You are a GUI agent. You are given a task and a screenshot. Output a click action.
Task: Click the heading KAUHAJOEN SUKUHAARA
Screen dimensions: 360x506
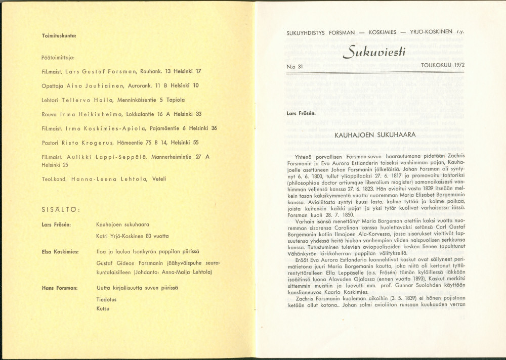click(x=375, y=135)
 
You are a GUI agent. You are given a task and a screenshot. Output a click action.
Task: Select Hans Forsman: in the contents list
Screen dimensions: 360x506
click(x=59, y=288)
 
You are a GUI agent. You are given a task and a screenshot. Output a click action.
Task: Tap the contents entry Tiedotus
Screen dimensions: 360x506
click(x=106, y=299)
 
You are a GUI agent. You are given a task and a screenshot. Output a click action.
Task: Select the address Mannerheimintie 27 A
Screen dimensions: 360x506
click(x=179, y=157)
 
